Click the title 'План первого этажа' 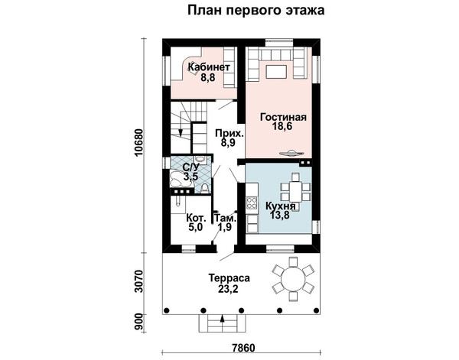pyautogui.click(x=256, y=10)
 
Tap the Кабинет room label pyautogui.click(x=209, y=67)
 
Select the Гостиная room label pyautogui.click(x=283, y=117)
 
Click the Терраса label pyautogui.click(x=229, y=277)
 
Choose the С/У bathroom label pyautogui.click(x=190, y=167)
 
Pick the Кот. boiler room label pyautogui.click(x=197, y=218)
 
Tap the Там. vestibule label pyautogui.click(x=226, y=218)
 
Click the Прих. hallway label pyautogui.click(x=229, y=133)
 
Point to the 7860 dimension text pyautogui.click(x=243, y=348)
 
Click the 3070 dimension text pyautogui.click(x=139, y=281)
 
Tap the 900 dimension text pyautogui.click(x=139, y=323)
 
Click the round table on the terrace pyautogui.click(x=292, y=278)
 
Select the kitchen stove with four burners pyautogui.click(x=252, y=203)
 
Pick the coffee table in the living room pyautogui.click(x=276, y=72)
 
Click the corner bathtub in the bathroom pyautogui.click(x=179, y=178)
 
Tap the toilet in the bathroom pyautogui.click(x=205, y=187)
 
